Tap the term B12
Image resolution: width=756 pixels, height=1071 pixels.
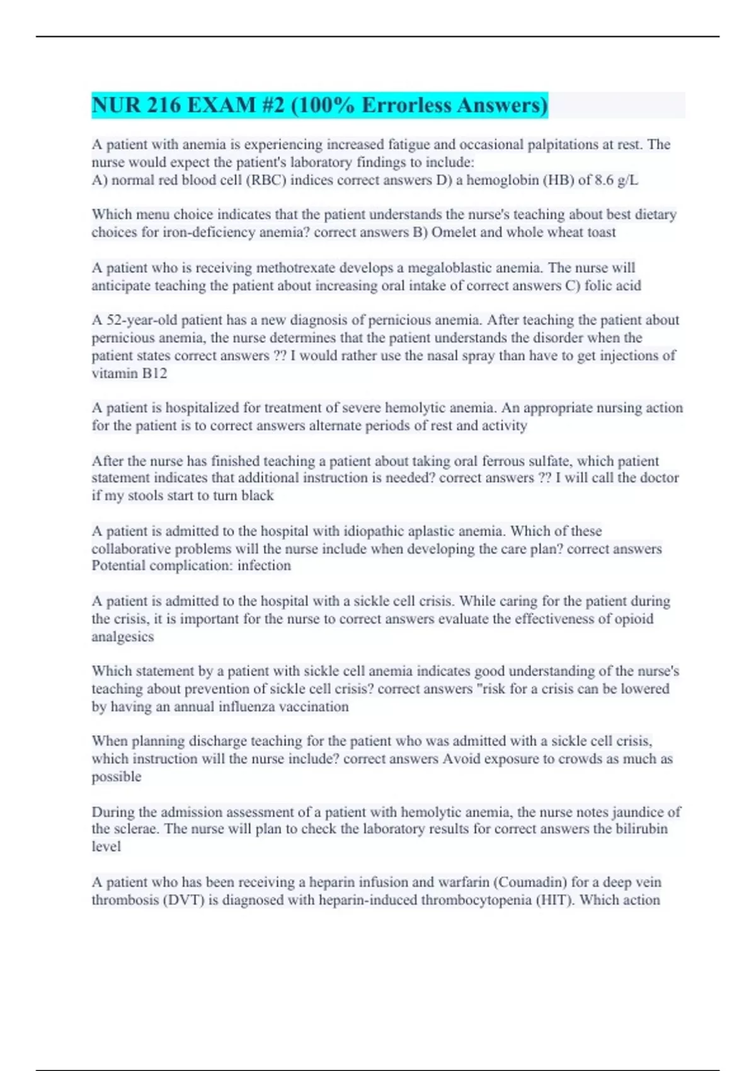click(x=154, y=374)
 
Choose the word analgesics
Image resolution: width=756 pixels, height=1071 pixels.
click(x=122, y=636)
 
